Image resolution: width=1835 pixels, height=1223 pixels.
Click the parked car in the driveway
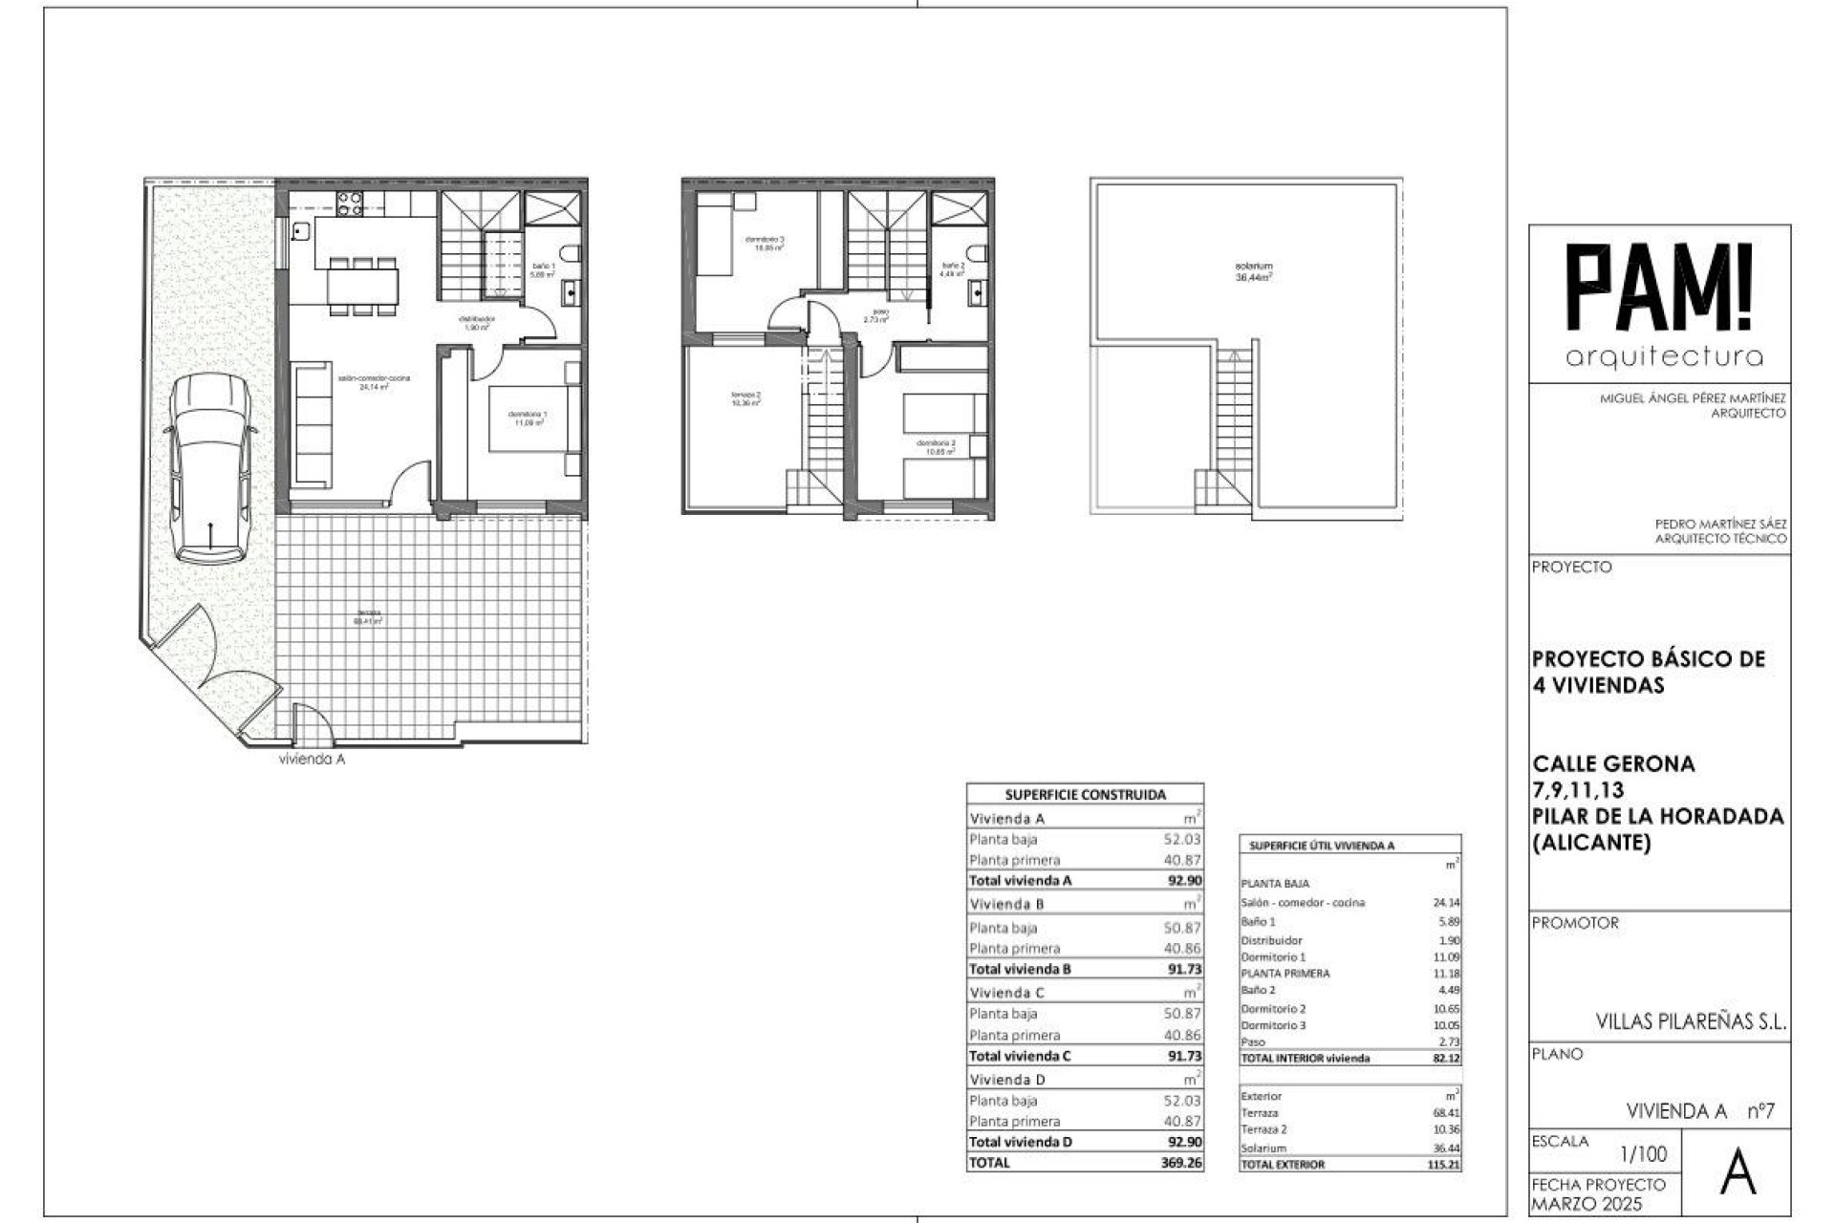point(208,468)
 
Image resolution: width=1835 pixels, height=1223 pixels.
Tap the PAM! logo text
point(1663,287)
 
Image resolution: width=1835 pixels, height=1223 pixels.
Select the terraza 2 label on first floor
point(745,399)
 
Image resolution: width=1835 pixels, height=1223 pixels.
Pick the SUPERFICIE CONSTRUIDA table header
point(1085,794)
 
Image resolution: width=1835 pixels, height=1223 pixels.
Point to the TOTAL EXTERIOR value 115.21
point(1444,1165)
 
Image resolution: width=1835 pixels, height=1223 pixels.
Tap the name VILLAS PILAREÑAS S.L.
point(1691,1021)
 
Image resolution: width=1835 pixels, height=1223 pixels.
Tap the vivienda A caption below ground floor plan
point(311,760)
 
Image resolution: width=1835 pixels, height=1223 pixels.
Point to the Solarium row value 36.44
point(1446,1148)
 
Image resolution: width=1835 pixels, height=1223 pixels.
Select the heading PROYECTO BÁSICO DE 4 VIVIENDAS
point(1648,672)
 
